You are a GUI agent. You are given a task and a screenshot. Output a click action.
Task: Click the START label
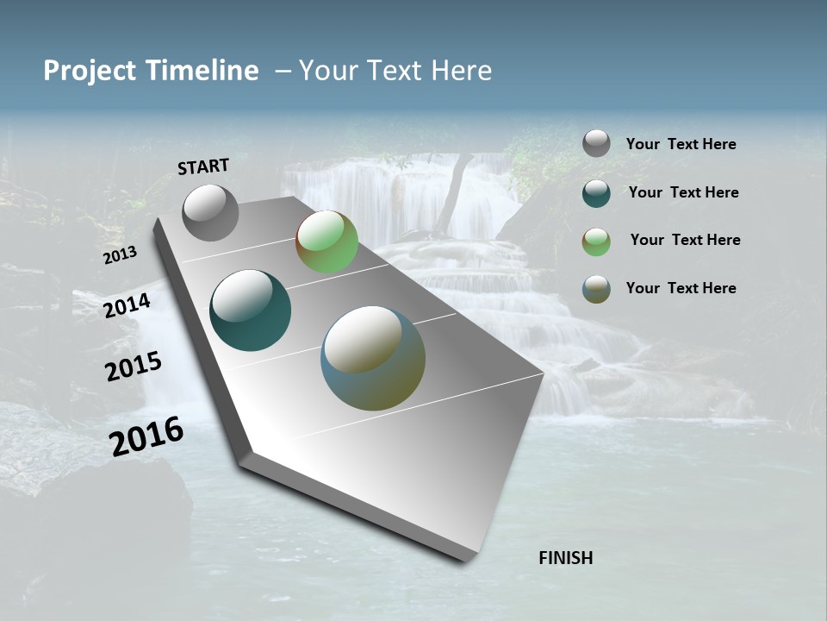click(x=203, y=166)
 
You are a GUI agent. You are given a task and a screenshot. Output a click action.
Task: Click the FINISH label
click(x=565, y=558)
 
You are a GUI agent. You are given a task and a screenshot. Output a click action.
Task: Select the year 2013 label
click(x=120, y=255)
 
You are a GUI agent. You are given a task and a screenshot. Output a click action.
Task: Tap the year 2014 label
click(x=127, y=305)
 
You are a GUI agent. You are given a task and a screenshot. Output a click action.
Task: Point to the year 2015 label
click(x=134, y=367)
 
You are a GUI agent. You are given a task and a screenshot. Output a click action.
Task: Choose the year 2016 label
click(x=146, y=437)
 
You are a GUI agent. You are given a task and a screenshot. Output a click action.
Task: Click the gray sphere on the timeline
click(x=210, y=213)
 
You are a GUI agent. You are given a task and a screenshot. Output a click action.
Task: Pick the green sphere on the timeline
click(x=326, y=241)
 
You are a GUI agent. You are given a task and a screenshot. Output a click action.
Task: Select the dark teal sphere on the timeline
click(x=250, y=310)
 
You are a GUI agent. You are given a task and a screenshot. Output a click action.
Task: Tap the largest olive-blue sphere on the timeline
click(x=373, y=358)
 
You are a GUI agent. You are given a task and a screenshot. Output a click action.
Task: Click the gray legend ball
click(x=596, y=144)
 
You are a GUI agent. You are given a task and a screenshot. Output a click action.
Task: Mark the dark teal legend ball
click(x=596, y=192)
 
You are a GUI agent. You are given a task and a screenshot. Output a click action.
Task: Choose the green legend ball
click(x=596, y=241)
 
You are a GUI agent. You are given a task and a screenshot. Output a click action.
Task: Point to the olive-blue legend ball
click(x=596, y=289)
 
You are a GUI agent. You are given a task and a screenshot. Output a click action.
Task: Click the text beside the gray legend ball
click(x=681, y=145)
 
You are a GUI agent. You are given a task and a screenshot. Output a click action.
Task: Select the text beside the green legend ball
click(x=685, y=240)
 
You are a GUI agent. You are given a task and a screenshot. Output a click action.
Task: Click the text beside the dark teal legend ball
click(x=683, y=192)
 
